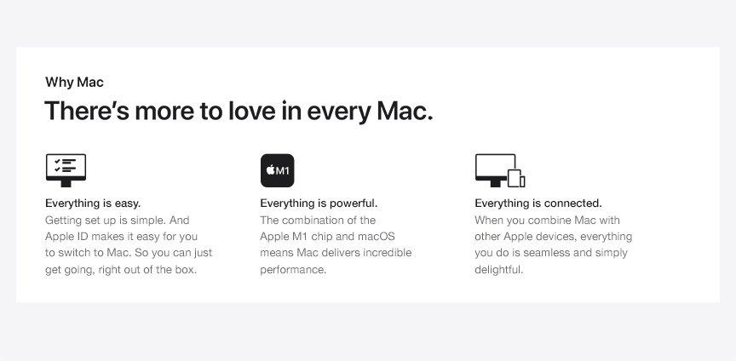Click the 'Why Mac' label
(x=74, y=83)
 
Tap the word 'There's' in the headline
(x=86, y=111)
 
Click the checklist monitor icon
(x=66, y=170)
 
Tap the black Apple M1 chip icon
(x=278, y=170)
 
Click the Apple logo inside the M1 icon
(x=270, y=170)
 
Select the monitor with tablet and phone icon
(x=500, y=170)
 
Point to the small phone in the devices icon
(x=522, y=181)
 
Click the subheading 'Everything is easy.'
(x=93, y=203)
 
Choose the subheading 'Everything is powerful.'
(x=319, y=203)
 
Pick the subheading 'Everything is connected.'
(x=538, y=203)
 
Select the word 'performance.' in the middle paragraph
(x=293, y=271)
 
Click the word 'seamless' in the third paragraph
(x=545, y=253)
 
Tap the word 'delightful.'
(x=498, y=271)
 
